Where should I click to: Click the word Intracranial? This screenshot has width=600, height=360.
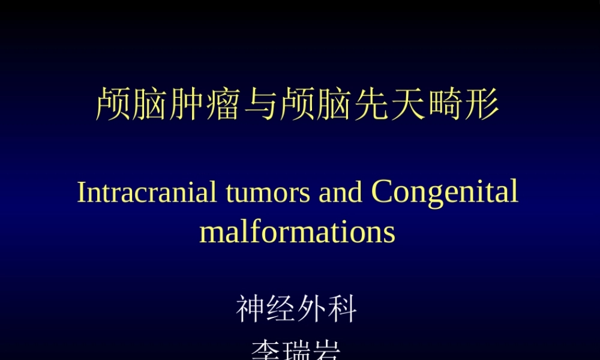(147, 192)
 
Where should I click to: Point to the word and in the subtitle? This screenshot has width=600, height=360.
(341, 192)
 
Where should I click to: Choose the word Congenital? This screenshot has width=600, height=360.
(445, 192)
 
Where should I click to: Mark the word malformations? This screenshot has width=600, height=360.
(297, 232)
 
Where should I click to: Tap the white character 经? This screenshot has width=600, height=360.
(281, 310)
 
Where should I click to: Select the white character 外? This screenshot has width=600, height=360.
(312, 310)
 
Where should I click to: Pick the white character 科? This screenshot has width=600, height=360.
(343, 310)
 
